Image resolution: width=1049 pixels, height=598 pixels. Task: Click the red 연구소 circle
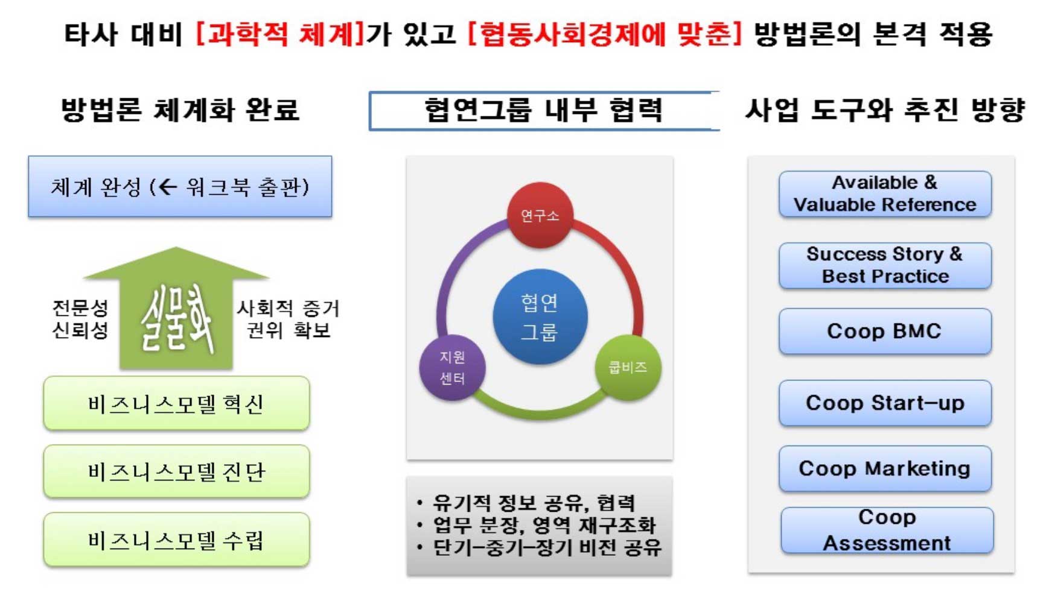point(540,215)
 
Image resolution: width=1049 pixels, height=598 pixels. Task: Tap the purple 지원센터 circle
point(452,367)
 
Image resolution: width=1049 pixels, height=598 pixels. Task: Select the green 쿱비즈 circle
point(628,367)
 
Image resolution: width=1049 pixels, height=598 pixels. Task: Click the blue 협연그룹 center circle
point(540,316)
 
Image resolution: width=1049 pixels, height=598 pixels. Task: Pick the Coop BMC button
point(885,331)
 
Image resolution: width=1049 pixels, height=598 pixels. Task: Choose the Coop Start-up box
point(885,403)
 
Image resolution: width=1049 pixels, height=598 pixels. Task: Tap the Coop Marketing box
point(885,468)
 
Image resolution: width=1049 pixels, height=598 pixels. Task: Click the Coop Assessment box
point(887,530)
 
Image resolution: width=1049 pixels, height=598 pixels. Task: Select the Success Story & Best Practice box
point(885,265)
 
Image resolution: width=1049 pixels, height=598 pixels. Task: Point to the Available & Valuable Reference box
point(885,194)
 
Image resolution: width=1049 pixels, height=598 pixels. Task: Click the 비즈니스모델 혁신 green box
point(176,403)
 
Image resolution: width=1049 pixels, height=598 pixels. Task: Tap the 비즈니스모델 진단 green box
point(176,471)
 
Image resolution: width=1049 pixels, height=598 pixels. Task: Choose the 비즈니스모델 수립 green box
point(176,540)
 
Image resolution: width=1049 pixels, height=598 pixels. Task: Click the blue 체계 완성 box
point(180,186)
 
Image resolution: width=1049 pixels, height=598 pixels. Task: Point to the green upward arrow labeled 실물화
point(176,308)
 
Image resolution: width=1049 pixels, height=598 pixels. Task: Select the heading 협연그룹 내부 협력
point(543,110)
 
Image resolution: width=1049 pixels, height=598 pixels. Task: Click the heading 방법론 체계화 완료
point(180,110)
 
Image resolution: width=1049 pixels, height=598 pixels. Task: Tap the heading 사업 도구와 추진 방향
point(885,110)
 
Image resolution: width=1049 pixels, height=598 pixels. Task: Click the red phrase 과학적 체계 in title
point(280,33)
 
